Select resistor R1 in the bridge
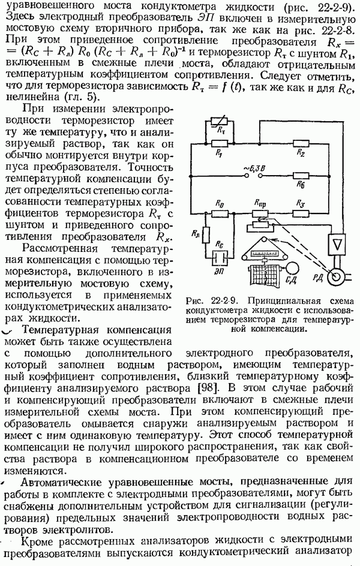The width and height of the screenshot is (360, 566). click(x=219, y=144)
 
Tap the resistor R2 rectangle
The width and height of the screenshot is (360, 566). click(x=301, y=144)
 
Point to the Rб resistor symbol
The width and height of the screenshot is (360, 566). click(x=301, y=176)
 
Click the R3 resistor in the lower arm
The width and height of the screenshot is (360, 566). click(x=301, y=213)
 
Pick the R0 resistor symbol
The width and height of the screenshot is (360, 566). click(x=220, y=213)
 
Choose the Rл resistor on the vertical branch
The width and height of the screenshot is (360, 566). click(x=205, y=235)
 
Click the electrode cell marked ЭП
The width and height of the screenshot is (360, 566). click(x=220, y=258)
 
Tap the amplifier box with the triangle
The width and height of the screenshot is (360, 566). click(x=337, y=245)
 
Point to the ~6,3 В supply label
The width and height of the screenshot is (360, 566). click(x=253, y=168)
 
